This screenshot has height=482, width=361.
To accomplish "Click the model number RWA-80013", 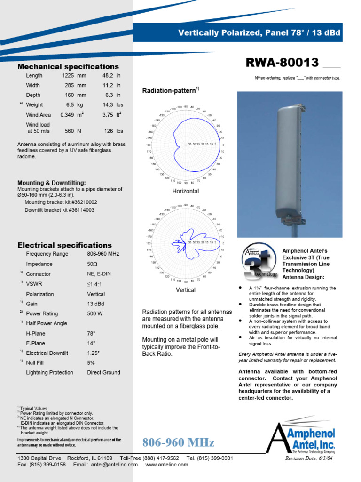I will [x=282, y=63].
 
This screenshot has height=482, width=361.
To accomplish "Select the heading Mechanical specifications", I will [x=68, y=66].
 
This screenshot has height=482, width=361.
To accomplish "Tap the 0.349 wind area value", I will [x=67, y=115].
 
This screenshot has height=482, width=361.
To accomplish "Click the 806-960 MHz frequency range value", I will [x=103, y=254].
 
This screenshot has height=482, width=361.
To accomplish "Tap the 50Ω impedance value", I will [x=93, y=264].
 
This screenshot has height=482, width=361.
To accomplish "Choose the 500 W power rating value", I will [x=95, y=313].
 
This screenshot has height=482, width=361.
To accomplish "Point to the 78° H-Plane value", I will [x=91, y=333].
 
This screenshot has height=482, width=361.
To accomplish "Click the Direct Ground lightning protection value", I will [x=103, y=372].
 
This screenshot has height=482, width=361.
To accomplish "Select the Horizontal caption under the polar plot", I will [x=186, y=191].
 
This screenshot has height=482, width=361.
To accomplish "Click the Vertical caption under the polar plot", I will [x=186, y=290].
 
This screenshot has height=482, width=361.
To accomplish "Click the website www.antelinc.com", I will [x=167, y=465].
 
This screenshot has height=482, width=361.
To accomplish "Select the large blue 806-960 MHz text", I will [x=178, y=442].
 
